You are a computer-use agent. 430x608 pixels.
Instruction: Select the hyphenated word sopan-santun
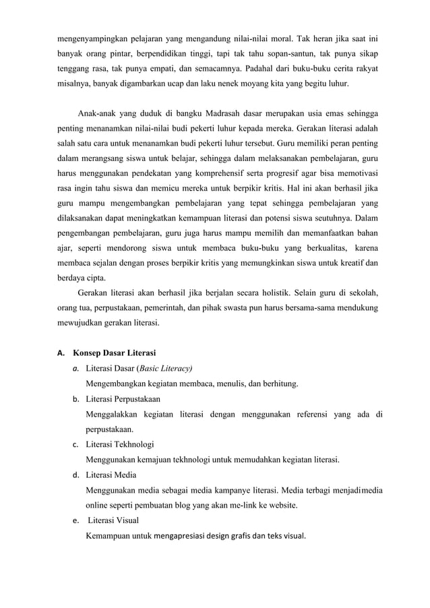click(x=314, y=50)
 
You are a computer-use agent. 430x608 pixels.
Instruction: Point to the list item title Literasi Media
click(x=111, y=475)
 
